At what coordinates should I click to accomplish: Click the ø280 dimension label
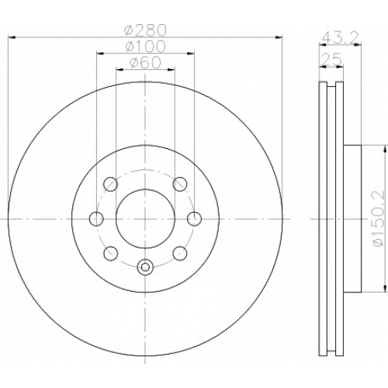(x=145, y=30)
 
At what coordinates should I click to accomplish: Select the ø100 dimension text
(x=145, y=46)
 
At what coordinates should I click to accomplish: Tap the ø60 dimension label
(x=145, y=62)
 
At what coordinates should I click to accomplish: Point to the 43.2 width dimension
(x=340, y=38)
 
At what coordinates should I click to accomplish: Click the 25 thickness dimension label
(x=332, y=60)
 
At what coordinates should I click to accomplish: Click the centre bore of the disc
(x=145, y=219)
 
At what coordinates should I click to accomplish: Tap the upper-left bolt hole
(x=110, y=184)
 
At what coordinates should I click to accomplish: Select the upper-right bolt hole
(x=180, y=184)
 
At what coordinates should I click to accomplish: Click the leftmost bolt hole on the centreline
(x=96, y=219)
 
